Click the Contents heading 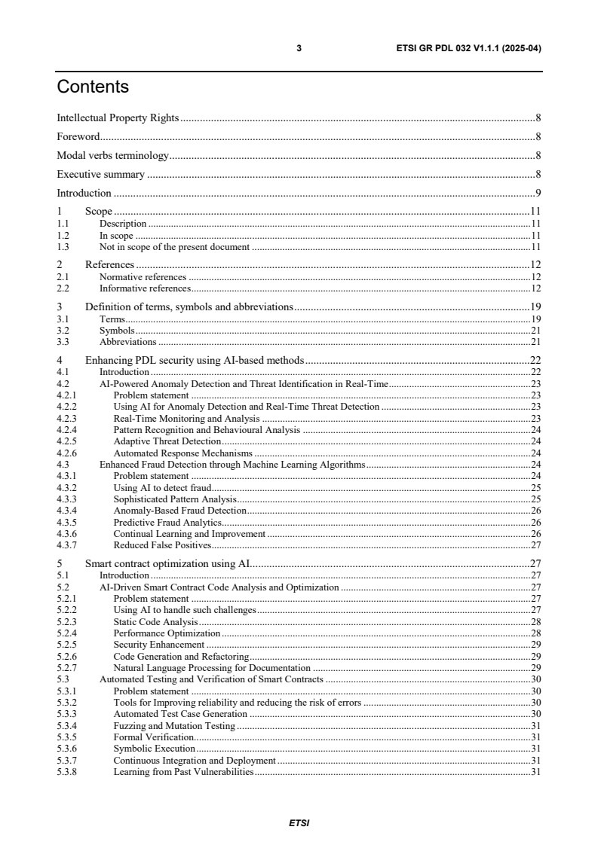(93, 87)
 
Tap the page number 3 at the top (299, 48)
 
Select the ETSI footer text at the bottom (299, 822)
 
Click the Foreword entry (78, 137)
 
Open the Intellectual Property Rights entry (118, 118)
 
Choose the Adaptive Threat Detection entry (167, 441)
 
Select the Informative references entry (144, 288)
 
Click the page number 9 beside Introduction (538, 194)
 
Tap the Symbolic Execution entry (154, 749)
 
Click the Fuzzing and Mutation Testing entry (174, 726)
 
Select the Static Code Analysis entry (155, 621)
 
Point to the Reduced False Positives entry (162, 545)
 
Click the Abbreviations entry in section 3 (128, 342)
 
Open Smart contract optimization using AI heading (167, 563)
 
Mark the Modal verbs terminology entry (112, 156)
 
